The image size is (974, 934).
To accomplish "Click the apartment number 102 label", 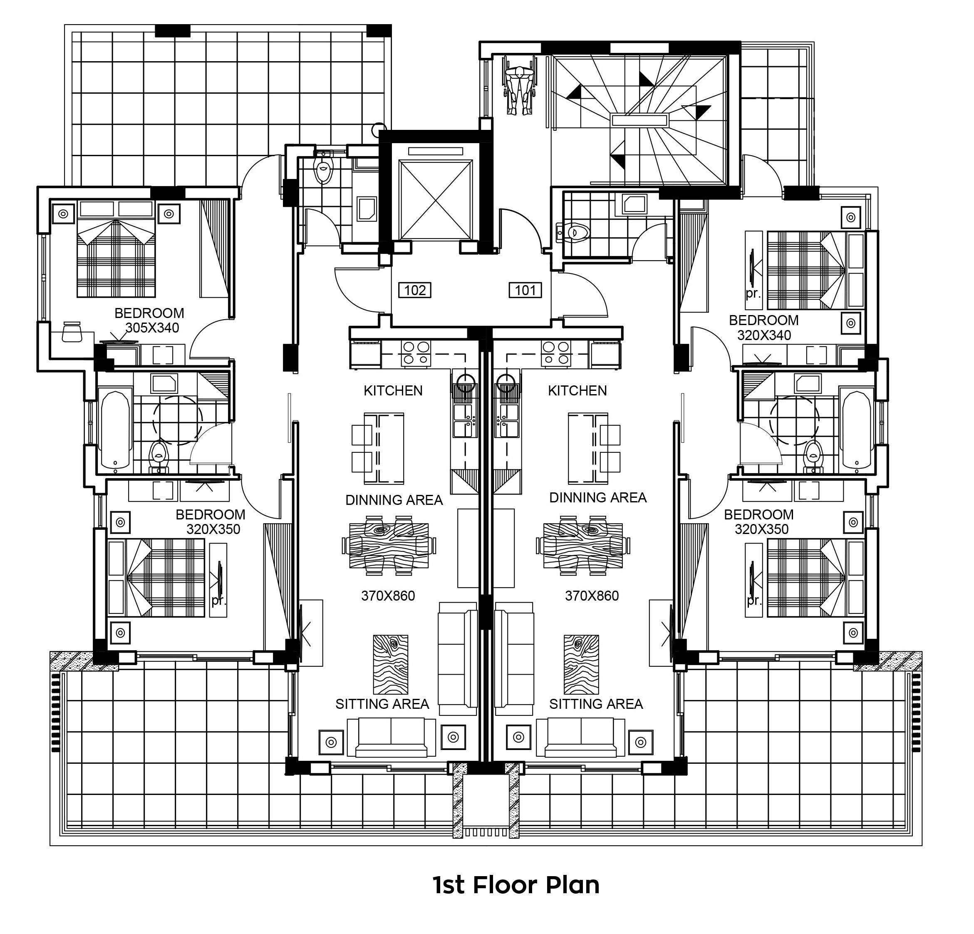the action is (414, 290).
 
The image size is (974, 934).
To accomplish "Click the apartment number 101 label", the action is (525, 290).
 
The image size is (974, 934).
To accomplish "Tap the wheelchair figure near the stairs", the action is (520, 84).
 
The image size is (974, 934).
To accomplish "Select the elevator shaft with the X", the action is (435, 200).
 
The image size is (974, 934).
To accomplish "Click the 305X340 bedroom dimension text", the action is (152, 328).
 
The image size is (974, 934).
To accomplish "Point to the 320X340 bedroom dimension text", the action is (764, 335).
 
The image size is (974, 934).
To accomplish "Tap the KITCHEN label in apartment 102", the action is (393, 391).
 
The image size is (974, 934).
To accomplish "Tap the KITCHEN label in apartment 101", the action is (577, 391).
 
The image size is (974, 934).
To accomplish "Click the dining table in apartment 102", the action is (389, 545).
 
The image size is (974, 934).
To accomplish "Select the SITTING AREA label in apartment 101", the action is (596, 704).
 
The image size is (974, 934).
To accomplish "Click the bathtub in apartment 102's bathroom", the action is (116, 431).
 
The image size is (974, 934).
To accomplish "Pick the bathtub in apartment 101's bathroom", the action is (856, 430).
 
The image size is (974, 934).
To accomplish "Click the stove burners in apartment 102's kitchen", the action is (416, 353).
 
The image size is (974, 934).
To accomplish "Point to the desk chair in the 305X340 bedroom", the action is (72, 332).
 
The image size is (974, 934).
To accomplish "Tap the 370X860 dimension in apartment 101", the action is (592, 596).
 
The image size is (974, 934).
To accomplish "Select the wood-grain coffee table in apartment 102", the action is (390, 665).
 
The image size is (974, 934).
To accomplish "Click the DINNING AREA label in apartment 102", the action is (394, 500).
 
